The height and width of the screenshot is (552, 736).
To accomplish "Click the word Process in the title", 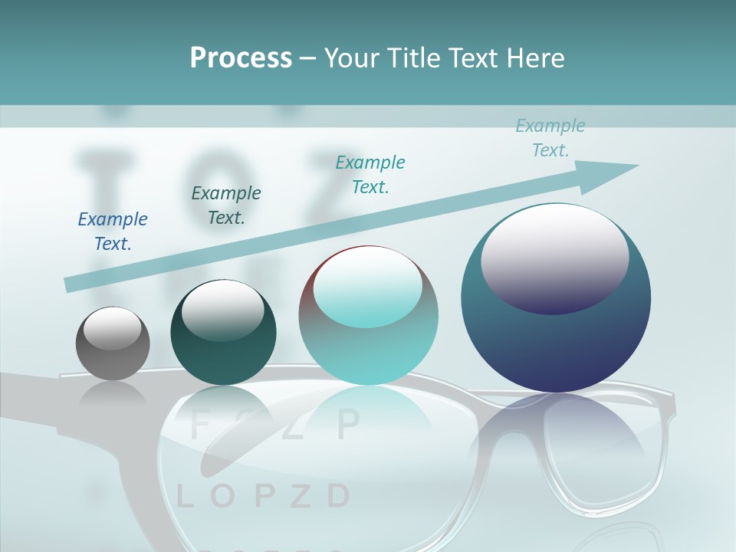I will pyautogui.click(x=241, y=58).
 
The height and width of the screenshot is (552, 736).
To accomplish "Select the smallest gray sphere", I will pyautogui.click(x=113, y=343).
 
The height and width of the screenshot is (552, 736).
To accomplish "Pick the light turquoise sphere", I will pyautogui.click(x=368, y=316).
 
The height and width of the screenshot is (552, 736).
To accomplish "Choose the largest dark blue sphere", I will pyautogui.click(x=556, y=299).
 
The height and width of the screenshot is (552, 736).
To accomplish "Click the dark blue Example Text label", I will pyautogui.click(x=113, y=231).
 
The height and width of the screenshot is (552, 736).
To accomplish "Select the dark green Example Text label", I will pyautogui.click(x=225, y=205).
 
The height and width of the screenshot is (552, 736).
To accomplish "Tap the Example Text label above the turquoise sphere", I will pyautogui.click(x=370, y=174).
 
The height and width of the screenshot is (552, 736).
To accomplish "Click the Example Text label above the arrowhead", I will pyautogui.click(x=550, y=137).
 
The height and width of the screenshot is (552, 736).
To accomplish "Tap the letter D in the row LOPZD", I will pyautogui.click(x=338, y=497).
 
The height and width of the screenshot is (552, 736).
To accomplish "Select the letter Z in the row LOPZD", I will pyautogui.click(x=301, y=497).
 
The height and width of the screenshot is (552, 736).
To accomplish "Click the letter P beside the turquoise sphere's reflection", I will pyautogui.click(x=348, y=422).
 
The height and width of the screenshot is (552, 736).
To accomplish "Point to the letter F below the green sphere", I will pyautogui.click(x=199, y=424).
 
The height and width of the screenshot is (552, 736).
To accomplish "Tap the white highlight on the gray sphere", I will pyautogui.click(x=112, y=327).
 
